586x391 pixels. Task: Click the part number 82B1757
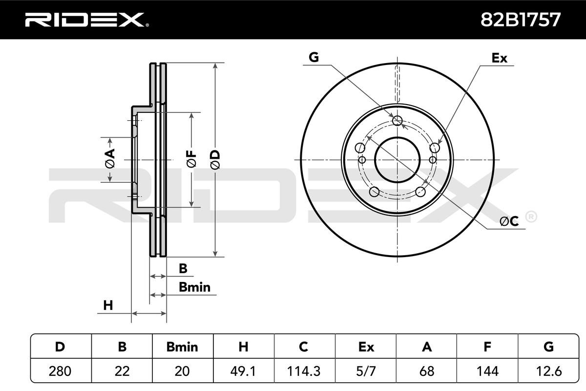pyautogui.click(x=521, y=20)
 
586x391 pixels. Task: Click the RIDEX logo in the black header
pyautogui.click(x=87, y=20)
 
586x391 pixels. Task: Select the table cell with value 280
pyautogui.click(x=60, y=371)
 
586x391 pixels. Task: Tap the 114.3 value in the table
pyautogui.click(x=304, y=371)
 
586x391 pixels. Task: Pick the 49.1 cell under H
pyautogui.click(x=243, y=371)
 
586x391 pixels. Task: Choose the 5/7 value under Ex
pyautogui.click(x=366, y=371)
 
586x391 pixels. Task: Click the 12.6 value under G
pyautogui.click(x=548, y=371)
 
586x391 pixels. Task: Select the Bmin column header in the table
pyautogui.click(x=182, y=347)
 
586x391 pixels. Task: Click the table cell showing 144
pyautogui.click(x=487, y=371)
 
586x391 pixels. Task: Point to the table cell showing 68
pyautogui.click(x=427, y=371)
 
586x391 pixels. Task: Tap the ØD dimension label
pyautogui.click(x=216, y=160)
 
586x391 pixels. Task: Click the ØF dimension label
pyautogui.click(x=192, y=159)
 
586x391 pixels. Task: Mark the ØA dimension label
pyautogui.click(x=110, y=158)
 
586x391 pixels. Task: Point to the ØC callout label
pyautogui.click(x=509, y=221)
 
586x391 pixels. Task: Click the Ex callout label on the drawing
pyautogui.click(x=499, y=58)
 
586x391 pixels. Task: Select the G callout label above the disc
pyautogui.click(x=314, y=57)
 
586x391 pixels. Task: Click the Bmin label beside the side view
pyautogui.click(x=195, y=287)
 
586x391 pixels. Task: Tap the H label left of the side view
pyautogui.click(x=108, y=305)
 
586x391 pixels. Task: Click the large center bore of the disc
pyautogui.click(x=397, y=160)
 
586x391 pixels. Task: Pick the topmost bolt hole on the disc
pyautogui.click(x=398, y=120)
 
